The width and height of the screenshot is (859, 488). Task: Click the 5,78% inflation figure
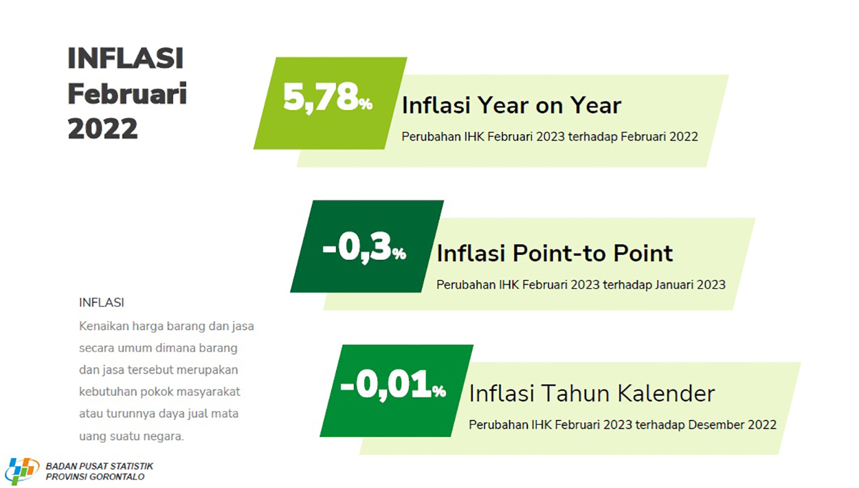point(328,98)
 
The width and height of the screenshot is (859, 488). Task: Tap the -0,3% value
point(364,248)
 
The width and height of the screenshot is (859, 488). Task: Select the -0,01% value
point(393,385)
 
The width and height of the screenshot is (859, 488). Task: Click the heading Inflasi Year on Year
point(511,105)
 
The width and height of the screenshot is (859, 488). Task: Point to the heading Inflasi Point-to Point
point(555,253)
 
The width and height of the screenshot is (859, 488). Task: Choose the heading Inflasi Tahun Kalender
point(592,393)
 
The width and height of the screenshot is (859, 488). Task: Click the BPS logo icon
point(22,470)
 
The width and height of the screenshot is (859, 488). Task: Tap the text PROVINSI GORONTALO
point(95,477)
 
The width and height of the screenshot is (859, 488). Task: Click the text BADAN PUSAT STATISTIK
point(100,466)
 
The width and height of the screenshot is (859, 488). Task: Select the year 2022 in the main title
point(102,129)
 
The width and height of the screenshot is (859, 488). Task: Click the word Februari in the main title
point(127,93)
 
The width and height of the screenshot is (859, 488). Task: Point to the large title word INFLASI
point(125,58)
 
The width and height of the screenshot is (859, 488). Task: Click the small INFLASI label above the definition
point(102,302)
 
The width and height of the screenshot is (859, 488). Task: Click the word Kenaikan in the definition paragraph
point(104,326)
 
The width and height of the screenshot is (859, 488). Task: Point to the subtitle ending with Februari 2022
point(550,137)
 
